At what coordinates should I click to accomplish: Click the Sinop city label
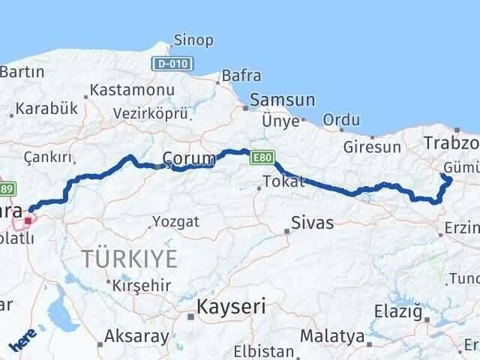pyautogui.click(x=193, y=40)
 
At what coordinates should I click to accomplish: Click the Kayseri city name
pyautogui.click(x=231, y=306)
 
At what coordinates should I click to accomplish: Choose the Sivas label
pyautogui.click(x=313, y=223)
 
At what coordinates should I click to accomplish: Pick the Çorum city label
pyautogui.click(x=189, y=158)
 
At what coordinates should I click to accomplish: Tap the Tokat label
pyautogui.click(x=284, y=181)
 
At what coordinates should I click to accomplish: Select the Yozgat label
pyautogui.click(x=175, y=221)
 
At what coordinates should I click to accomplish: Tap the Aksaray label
pyautogui.click(x=137, y=336)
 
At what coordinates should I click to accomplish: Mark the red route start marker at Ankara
pyautogui.click(x=28, y=220)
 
